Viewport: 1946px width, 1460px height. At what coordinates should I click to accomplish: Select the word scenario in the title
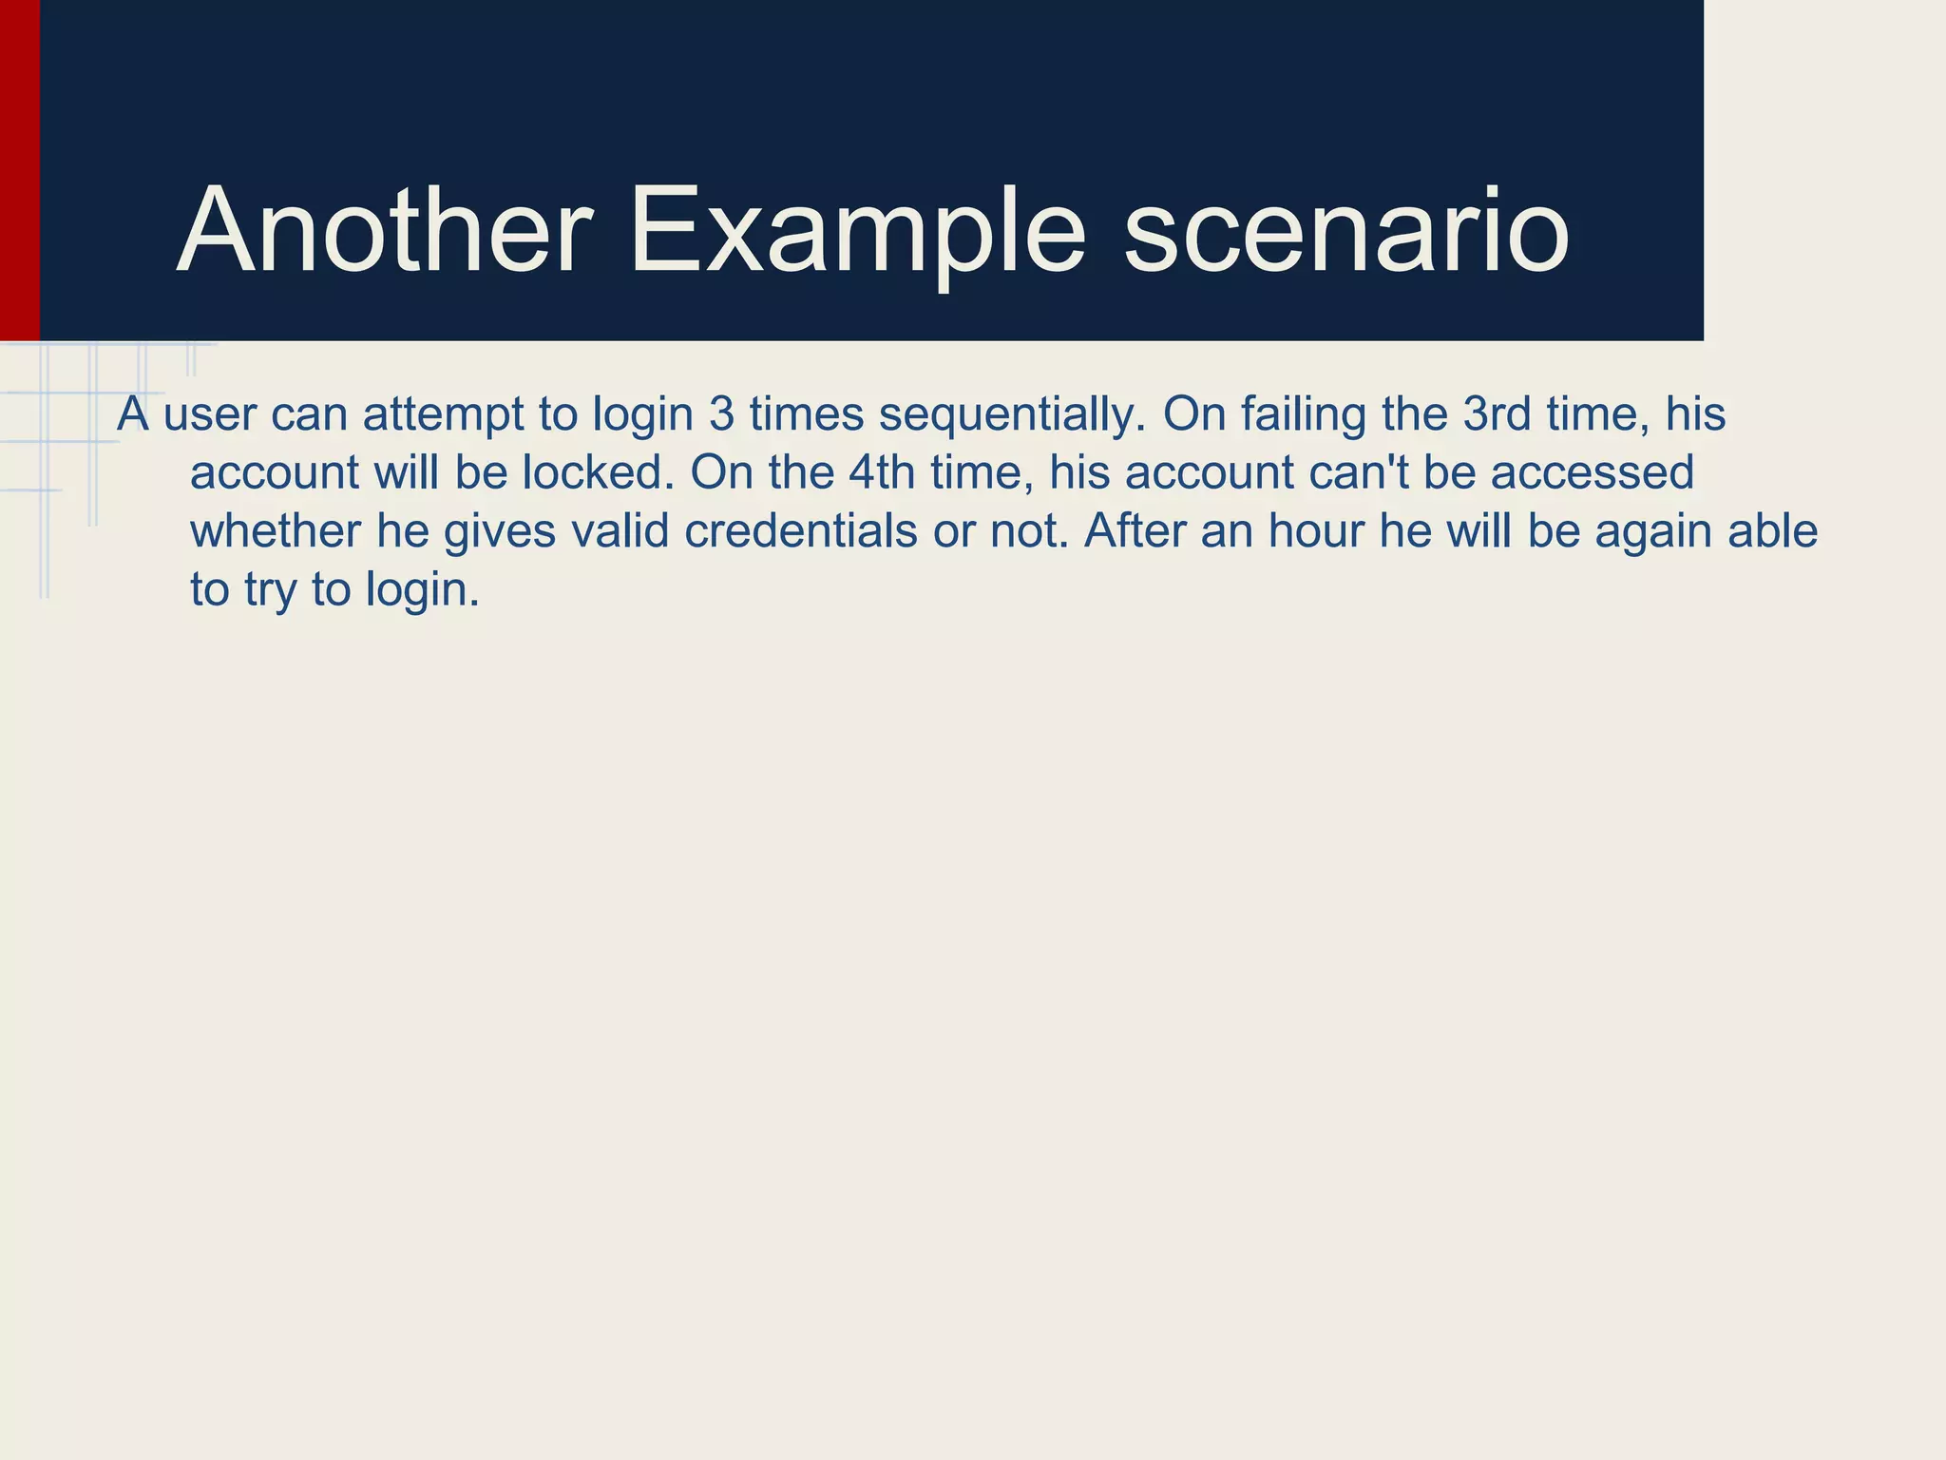(1346, 234)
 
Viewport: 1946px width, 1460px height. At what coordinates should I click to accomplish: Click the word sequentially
(1012, 414)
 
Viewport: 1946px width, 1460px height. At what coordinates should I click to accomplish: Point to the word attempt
(443, 414)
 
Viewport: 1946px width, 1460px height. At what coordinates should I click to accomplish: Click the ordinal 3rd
(1497, 414)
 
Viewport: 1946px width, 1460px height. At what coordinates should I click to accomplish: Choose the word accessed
(1593, 472)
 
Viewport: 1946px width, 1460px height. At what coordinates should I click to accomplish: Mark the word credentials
(801, 530)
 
